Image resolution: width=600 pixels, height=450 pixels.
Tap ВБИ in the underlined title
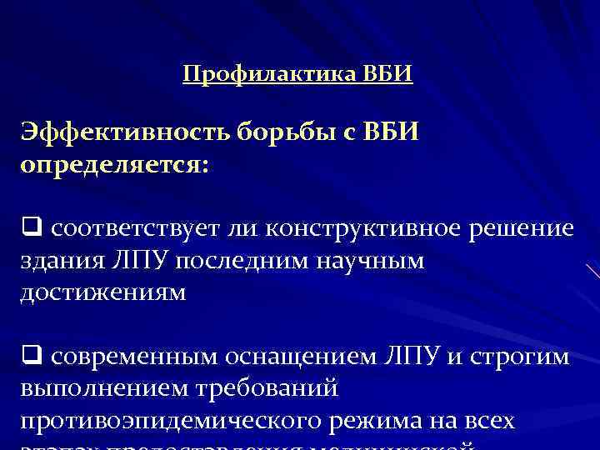388,75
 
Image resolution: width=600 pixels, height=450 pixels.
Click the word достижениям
104,293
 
